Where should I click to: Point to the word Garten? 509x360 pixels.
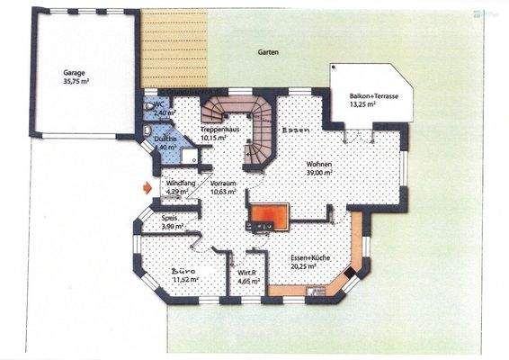[x=267, y=52]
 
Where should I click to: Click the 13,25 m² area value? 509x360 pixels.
[x=362, y=104]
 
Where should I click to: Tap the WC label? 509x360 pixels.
[x=158, y=105]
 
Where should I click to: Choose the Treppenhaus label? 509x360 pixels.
[x=219, y=130]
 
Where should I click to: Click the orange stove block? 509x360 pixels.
[x=270, y=214]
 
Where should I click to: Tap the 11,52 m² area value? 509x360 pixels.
[x=184, y=280]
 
